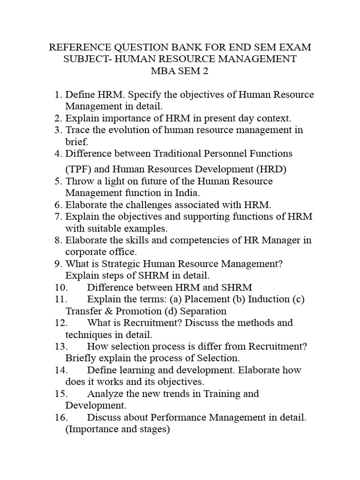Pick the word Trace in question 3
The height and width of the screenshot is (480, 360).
(77, 130)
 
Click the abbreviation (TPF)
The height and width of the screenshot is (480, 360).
(78, 169)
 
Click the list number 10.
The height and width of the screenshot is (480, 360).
(60, 287)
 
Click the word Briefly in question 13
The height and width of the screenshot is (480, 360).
(81, 358)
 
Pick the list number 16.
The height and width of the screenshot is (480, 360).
(60, 417)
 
